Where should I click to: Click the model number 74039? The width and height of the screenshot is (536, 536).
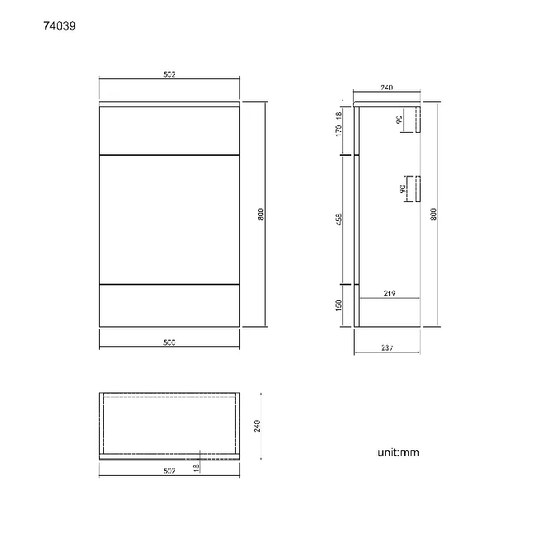click(x=60, y=26)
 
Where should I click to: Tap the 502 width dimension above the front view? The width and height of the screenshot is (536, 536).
click(x=169, y=74)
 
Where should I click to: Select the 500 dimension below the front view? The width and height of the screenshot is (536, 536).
click(x=169, y=341)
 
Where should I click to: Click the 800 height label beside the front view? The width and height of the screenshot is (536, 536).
click(x=261, y=214)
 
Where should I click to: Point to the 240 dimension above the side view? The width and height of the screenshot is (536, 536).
click(x=385, y=87)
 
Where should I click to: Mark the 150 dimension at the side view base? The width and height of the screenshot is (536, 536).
click(x=339, y=305)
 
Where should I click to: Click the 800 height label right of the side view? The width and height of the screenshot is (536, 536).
click(x=434, y=214)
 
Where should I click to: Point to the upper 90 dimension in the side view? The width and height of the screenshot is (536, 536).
click(x=399, y=120)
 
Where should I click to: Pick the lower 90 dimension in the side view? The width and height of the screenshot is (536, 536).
click(x=402, y=189)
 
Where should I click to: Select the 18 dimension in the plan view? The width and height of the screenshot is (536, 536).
click(x=195, y=467)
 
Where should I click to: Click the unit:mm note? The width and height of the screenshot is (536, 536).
click(x=399, y=453)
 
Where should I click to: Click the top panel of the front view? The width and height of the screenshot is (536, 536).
click(x=169, y=129)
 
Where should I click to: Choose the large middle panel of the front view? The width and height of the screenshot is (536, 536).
click(x=169, y=219)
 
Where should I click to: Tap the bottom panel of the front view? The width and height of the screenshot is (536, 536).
click(x=169, y=305)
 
